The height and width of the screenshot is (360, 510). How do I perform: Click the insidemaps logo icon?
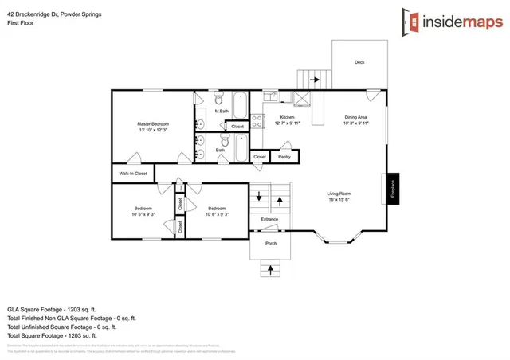[x=411, y=22]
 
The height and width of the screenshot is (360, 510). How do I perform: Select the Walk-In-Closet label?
[x=133, y=173]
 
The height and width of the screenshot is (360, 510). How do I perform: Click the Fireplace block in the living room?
[x=392, y=188]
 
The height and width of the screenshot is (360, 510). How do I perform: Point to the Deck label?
[x=359, y=61]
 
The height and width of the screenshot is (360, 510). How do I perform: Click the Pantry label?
[x=284, y=157]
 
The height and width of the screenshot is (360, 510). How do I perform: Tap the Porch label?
[x=271, y=243]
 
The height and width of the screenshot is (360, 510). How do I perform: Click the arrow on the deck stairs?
[x=315, y=80]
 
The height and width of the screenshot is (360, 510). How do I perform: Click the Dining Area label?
[x=355, y=118]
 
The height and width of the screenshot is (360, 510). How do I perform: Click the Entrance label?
[x=269, y=219]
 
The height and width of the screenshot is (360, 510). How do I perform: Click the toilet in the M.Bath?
[x=216, y=98]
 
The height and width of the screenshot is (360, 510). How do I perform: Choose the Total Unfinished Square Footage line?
[x=62, y=327]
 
